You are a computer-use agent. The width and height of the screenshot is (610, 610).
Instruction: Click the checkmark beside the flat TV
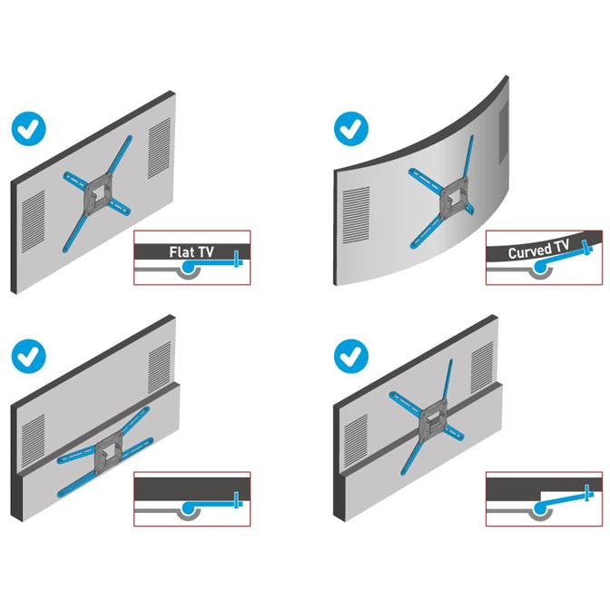29,129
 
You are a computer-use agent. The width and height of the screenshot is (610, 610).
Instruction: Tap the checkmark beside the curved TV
351,129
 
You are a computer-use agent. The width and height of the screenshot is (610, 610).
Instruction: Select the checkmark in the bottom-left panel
29,356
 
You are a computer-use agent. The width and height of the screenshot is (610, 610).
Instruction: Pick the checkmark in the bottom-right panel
351,356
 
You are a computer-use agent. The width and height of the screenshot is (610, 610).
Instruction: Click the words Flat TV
192,252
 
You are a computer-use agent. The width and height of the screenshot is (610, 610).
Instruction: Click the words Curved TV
539,250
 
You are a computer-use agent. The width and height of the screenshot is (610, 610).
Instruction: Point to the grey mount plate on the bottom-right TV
433,421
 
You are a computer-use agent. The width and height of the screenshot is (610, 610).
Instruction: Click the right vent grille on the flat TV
159,148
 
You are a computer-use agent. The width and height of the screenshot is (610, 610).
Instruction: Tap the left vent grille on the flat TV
34,221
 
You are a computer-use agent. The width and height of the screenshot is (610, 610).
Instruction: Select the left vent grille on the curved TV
356,215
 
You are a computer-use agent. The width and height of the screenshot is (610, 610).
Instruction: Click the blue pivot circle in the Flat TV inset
188,267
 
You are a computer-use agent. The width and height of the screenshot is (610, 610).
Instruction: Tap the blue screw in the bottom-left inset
237,500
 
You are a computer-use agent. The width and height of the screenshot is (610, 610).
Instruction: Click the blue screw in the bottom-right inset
588,494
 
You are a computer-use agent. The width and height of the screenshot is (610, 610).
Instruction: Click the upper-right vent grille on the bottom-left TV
159,368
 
